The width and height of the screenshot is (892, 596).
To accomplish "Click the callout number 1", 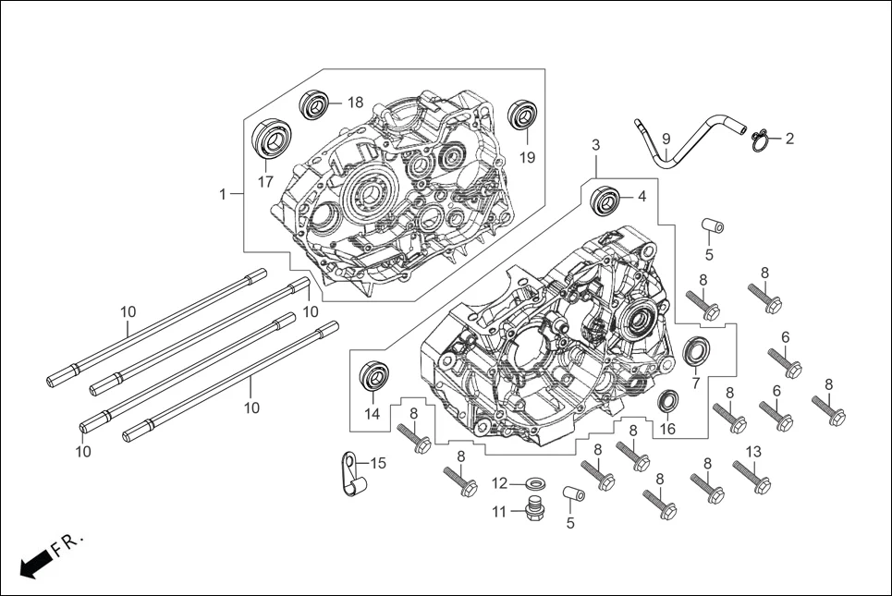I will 223,194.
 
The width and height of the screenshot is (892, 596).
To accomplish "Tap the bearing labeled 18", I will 314,103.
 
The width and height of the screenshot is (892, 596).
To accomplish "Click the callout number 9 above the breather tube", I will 666,138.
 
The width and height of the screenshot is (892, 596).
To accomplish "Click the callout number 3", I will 596,145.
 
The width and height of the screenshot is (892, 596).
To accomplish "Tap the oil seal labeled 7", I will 696,352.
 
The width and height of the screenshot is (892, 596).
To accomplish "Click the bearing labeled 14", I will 371,374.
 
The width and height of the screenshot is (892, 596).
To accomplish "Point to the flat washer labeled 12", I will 533,483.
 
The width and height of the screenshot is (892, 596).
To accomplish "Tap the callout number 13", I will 753,451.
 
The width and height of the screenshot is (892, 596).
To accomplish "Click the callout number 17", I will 265,182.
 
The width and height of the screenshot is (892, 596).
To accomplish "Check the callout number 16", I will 667,429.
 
